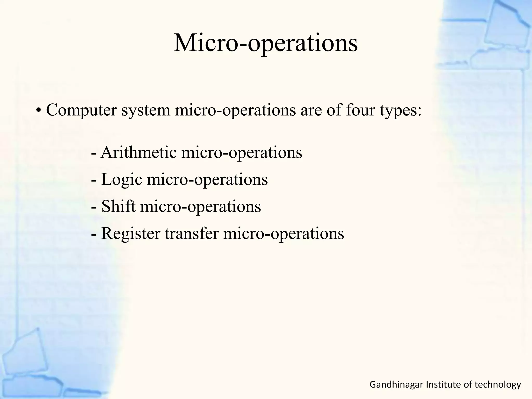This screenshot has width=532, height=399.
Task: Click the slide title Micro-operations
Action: tap(265, 43)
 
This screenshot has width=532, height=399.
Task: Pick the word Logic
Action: tap(122, 180)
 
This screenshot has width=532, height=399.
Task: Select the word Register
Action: tap(131, 234)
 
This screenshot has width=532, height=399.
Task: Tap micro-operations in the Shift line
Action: tap(201, 207)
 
